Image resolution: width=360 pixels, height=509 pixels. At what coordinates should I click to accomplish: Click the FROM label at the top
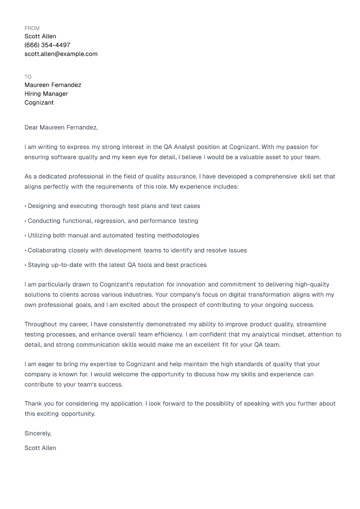tap(32, 28)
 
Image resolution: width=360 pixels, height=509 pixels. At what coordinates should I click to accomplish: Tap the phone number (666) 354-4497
tap(47, 45)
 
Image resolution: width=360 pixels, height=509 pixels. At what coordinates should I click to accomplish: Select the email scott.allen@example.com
tap(61, 54)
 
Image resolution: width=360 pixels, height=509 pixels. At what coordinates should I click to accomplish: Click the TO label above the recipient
tap(28, 77)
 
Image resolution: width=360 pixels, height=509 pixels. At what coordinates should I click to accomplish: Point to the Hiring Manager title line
tap(46, 94)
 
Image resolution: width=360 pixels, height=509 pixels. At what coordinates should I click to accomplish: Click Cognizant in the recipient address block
tap(39, 103)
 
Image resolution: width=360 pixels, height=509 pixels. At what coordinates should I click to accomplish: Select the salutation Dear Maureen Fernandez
tap(61, 128)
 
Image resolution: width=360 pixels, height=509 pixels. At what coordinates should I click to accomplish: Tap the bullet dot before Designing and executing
tap(26, 206)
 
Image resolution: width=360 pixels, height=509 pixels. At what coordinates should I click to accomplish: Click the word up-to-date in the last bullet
tap(67, 265)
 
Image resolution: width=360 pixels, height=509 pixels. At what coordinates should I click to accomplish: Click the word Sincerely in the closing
tap(37, 434)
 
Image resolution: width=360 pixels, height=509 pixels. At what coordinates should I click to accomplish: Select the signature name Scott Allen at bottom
tap(40, 448)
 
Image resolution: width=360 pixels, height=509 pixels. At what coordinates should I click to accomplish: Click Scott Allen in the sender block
tap(40, 36)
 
